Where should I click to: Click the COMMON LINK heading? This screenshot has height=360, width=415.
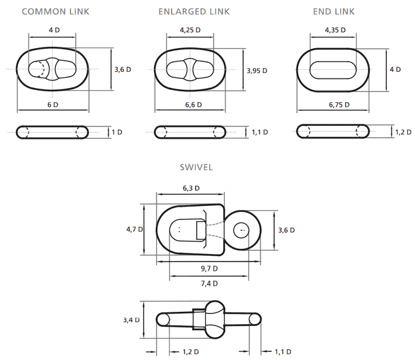(x=56, y=12)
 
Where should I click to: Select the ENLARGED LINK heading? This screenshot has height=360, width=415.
(x=194, y=12)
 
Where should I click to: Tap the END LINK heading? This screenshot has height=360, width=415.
(x=334, y=12)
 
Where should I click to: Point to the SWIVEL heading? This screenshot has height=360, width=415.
(x=196, y=167)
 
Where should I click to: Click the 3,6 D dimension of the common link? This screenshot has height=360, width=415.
(x=123, y=70)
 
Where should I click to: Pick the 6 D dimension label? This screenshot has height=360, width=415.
(x=52, y=105)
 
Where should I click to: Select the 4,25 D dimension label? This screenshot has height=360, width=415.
(x=190, y=30)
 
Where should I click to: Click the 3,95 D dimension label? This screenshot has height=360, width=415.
(x=257, y=71)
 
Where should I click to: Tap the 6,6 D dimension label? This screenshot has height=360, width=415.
(x=193, y=105)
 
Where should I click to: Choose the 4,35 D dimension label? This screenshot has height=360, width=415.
(x=336, y=30)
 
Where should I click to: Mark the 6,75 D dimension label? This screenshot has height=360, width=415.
(x=339, y=105)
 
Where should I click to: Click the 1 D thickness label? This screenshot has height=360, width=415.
(x=117, y=132)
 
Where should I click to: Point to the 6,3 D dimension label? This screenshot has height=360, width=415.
(x=191, y=188)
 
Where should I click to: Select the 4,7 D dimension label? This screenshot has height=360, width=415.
(x=135, y=229)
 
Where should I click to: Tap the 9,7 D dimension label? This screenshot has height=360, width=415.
(x=209, y=269)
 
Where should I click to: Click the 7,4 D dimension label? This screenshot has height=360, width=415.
(x=209, y=284)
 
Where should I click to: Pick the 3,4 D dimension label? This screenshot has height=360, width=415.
(x=131, y=320)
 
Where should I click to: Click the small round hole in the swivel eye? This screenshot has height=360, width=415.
(x=242, y=230)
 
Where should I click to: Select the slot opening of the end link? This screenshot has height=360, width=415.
(x=333, y=70)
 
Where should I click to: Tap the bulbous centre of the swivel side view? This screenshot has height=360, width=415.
(x=215, y=320)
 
